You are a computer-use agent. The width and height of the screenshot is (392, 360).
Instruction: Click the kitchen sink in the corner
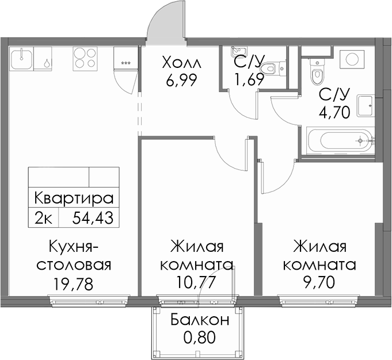click(x=22, y=59)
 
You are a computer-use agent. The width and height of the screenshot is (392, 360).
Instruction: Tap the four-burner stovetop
click(x=85, y=59)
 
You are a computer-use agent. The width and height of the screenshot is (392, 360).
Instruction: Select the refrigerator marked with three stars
click(x=125, y=59)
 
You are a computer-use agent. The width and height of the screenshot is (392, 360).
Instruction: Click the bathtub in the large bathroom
click(x=341, y=140)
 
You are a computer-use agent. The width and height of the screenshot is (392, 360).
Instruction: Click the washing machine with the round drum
click(x=352, y=59)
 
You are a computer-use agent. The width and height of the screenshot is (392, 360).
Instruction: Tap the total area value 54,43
click(x=93, y=217)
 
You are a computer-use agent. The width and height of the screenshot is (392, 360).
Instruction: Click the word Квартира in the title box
click(x=74, y=198)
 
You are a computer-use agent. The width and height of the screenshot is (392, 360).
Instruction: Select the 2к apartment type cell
click(x=43, y=217)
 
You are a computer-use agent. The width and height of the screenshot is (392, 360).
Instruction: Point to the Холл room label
click(x=181, y=62)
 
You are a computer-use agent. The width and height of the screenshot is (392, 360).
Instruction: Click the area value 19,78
click(x=73, y=284)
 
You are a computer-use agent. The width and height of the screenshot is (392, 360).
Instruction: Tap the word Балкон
click(x=200, y=320)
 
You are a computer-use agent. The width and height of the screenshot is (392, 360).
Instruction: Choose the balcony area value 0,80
click(x=199, y=338)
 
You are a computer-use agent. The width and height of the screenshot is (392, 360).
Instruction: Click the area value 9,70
click(x=319, y=282)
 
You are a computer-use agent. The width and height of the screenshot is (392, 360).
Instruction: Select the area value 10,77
click(x=196, y=282)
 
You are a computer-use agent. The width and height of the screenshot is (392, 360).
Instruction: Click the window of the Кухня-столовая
click(x=89, y=301)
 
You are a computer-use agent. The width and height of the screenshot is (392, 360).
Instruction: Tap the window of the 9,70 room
click(x=319, y=301)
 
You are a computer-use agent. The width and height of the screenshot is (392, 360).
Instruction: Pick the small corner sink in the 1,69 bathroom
click(x=238, y=52)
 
